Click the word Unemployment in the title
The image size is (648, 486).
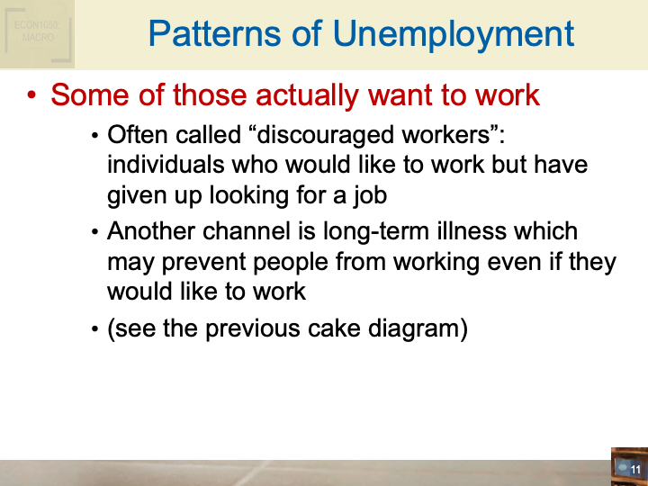454,34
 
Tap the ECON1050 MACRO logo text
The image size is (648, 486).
36,32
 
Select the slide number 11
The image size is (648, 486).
635,470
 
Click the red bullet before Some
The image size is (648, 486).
33,95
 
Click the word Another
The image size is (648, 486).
150,231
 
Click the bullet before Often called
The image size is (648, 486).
95,137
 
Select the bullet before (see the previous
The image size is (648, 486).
95,329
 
